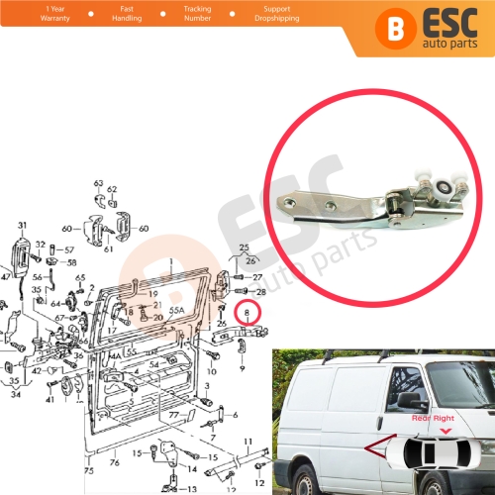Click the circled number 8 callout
point(247,315)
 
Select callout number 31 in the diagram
point(22,227)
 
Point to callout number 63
point(99,184)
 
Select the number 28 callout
point(261,293)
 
